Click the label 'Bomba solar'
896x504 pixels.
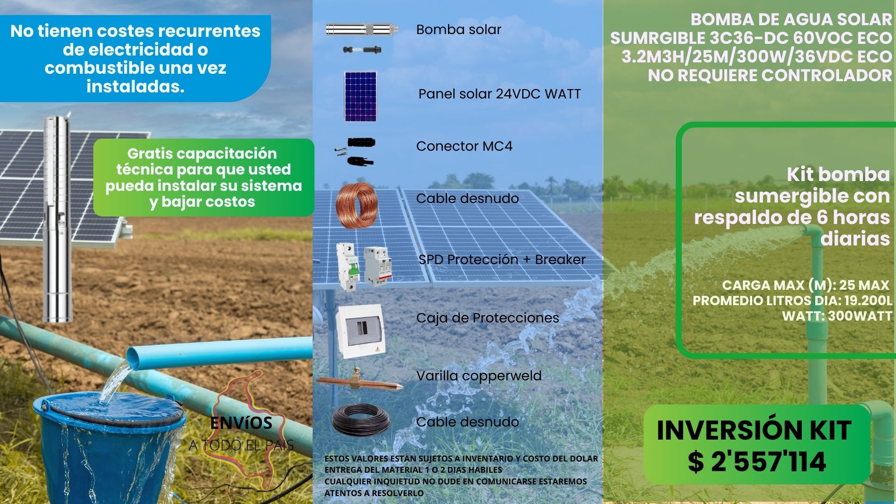tap(458, 29)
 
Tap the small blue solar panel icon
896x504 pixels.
tap(360, 96)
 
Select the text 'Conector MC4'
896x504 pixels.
tap(464, 146)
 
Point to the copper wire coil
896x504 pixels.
tap(357, 205)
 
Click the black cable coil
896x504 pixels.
tap(361, 420)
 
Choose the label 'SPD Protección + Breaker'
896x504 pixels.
tap(502, 259)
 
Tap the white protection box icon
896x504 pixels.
tap(360, 331)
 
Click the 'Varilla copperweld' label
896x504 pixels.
tap(479, 376)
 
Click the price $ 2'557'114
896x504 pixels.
tap(756, 461)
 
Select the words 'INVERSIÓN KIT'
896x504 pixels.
tap(754, 430)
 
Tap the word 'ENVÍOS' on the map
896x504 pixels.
tap(241, 423)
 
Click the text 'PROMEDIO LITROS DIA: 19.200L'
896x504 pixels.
tap(792, 301)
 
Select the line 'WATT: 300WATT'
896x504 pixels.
tap(837, 316)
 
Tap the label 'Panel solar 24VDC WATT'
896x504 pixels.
tap(499, 94)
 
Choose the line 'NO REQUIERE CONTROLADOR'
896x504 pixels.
tap(770, 75)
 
